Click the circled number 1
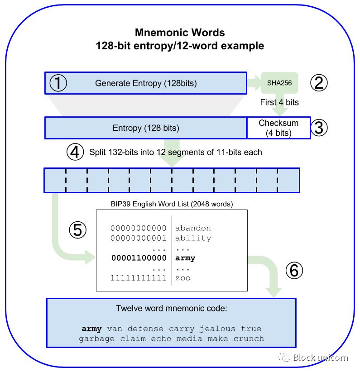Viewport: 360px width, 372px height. point(58,83)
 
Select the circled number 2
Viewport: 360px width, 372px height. point(319,83)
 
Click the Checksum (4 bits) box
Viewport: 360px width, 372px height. point(278,128)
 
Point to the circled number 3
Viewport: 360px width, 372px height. point(319,128)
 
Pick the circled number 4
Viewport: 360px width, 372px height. point(75,152)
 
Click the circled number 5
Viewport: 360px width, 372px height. point(77,230)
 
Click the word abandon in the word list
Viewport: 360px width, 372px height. point(193,228)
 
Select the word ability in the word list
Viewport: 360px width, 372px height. point(193,238)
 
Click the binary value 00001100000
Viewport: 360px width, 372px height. point(139,258)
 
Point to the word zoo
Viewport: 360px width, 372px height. point(183,278)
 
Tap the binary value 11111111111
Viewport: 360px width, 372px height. point(139,278)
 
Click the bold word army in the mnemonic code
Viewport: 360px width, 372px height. point(91,329)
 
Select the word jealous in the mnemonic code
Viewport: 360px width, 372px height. point(217,329)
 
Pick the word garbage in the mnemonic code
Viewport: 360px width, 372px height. point(97,339)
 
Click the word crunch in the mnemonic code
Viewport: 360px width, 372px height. point(249,339)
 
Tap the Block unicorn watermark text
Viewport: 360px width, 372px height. point(320,358)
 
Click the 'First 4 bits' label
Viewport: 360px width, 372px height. point(279,102)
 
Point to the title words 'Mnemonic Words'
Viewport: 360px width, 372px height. point(180,33)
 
